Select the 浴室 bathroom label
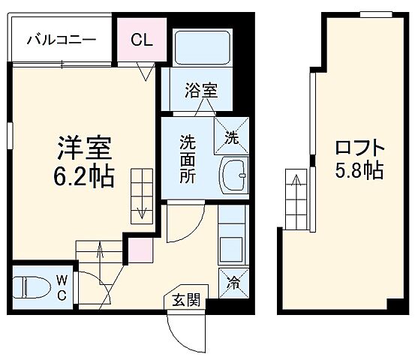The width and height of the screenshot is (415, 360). pyautogui.click(x=201, y=90)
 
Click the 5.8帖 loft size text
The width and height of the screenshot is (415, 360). pyautogui.click(x=358, y=171)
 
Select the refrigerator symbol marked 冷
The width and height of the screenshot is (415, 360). pyautogui.click(x=232, y=283)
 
